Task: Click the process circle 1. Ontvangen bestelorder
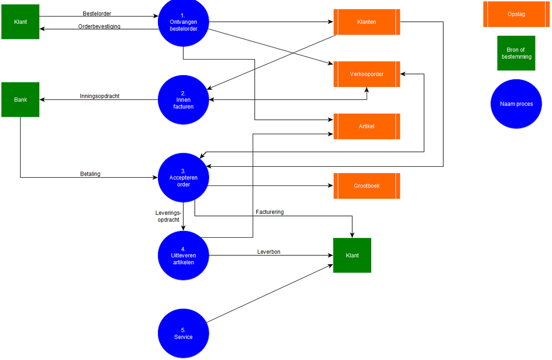point(183,22)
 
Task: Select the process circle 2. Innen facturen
point(183,99)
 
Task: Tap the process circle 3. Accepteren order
point(183,178)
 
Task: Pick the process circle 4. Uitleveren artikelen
point(183,255)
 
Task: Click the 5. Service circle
point(183,333)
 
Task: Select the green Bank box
point(20,99)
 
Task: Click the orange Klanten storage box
point(367,22)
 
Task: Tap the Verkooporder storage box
point(367,74)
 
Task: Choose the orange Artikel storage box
point(367,126)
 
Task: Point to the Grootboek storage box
point(367,185)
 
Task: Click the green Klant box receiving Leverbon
point(352,255)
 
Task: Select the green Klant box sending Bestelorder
point(20,22)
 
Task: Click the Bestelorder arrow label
point(97,14)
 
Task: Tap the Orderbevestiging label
point(99,26)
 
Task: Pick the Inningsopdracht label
point(99,96)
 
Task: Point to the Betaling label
point(90,174)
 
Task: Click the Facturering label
point(270,212)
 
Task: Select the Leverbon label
point(269,252)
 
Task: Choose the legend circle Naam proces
point(516,104)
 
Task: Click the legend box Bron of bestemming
point(516,53)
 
